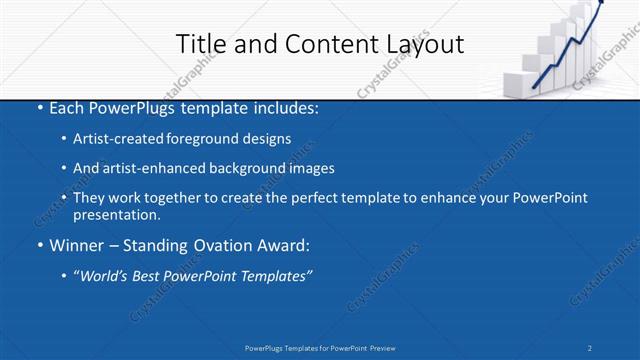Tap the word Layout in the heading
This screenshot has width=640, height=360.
point(425,44)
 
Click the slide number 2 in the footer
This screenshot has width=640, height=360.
point(590,348)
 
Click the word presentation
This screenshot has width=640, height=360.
point(116,214)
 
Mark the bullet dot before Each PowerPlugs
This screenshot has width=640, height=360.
point(39,107)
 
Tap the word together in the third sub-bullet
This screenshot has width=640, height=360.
point(170,198)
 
